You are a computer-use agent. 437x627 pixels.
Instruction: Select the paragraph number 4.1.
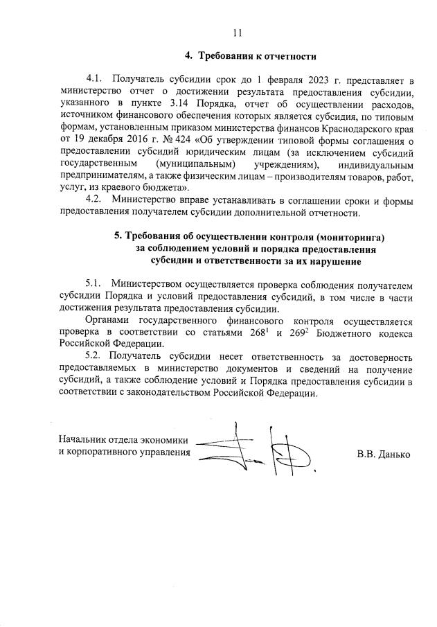click(94, 81)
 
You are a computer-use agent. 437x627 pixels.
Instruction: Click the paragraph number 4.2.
click(94, 202)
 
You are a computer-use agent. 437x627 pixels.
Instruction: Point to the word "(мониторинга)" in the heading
click(351, 237)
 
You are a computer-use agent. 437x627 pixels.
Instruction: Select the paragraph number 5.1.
click(94, 285)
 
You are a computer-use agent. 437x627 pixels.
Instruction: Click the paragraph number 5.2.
click(94, 357)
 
